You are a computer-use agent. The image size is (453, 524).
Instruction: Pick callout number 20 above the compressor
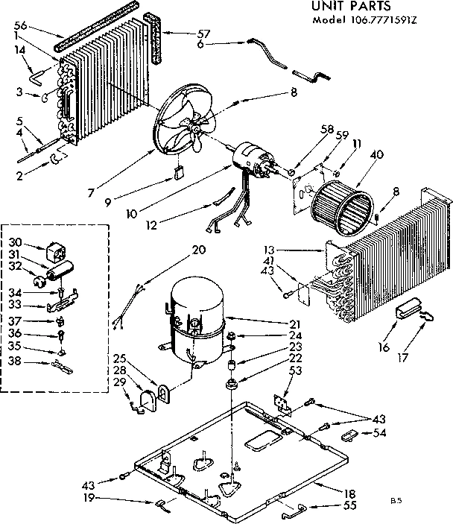pos(197,229)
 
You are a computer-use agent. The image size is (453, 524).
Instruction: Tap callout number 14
pos(20,49)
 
